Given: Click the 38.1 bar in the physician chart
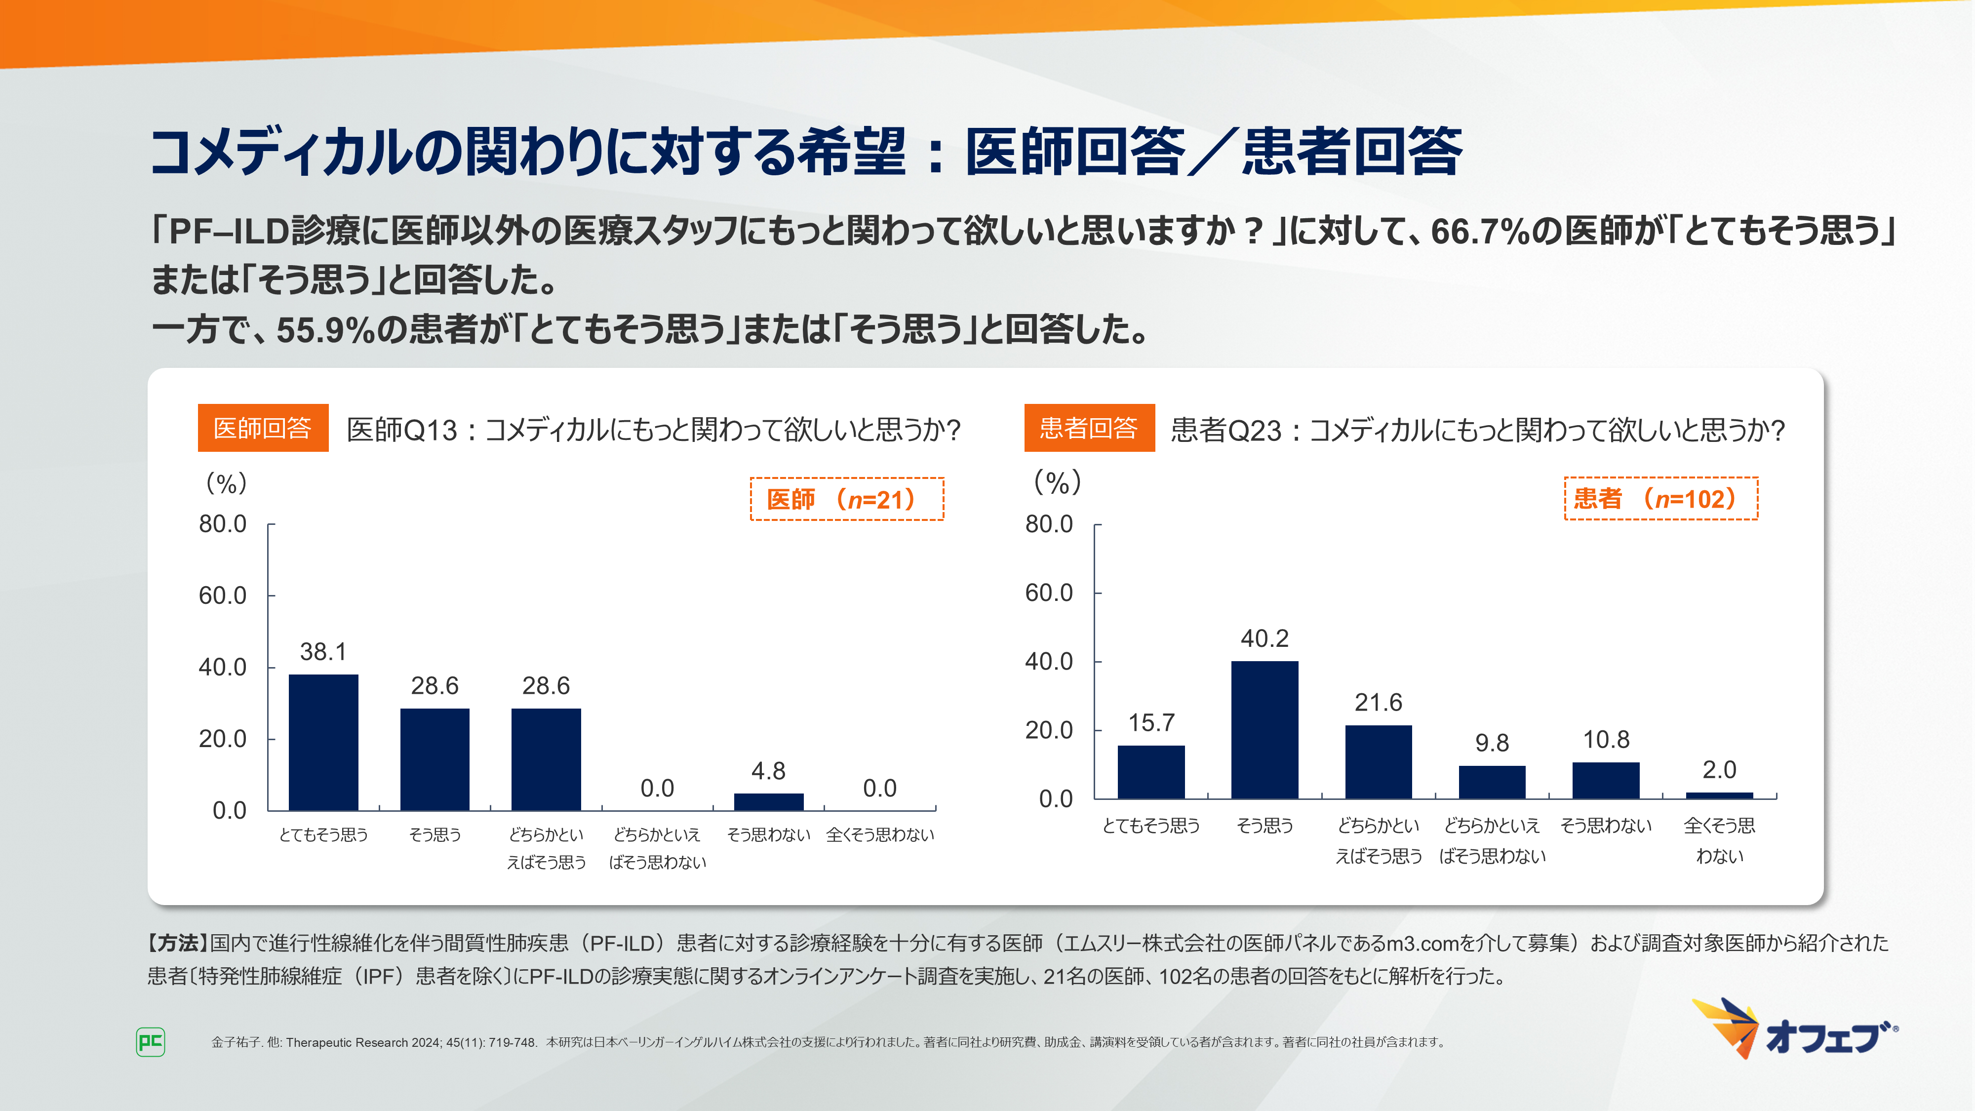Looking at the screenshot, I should (323, 742).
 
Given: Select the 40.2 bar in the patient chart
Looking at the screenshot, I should (1264, 729).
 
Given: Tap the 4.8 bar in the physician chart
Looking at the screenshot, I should (768, 801).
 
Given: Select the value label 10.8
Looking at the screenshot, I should (1606, 740).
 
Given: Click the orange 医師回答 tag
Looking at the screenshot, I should (263, 428).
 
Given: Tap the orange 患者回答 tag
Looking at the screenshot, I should (1089, 428).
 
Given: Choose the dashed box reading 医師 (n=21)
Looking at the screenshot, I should (846, 499).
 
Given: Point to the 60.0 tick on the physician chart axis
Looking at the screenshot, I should (223, 596).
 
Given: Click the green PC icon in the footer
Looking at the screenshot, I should (150, 1041).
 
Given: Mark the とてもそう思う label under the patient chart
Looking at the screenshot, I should (1151, 826).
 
